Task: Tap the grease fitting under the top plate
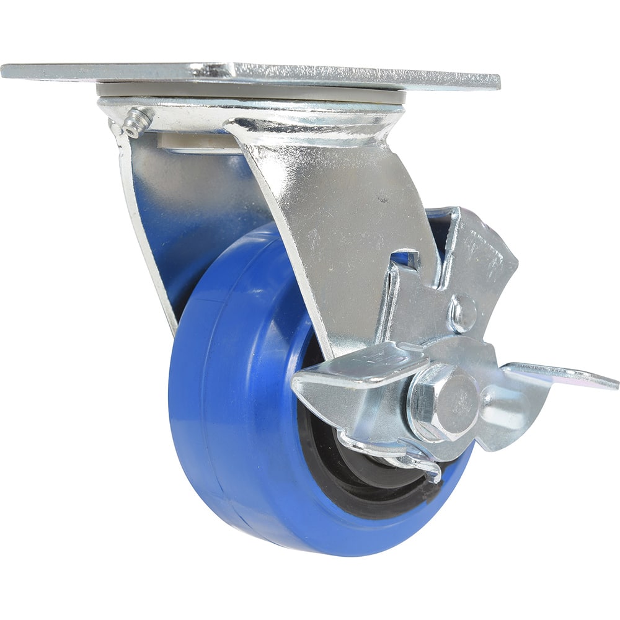point(136,122)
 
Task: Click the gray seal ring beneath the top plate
point(248,91)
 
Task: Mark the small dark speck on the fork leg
point(386,200)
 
